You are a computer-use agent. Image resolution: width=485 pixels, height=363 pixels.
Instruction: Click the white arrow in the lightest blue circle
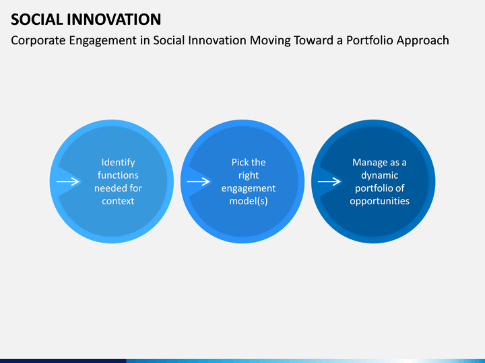tap(68, 182)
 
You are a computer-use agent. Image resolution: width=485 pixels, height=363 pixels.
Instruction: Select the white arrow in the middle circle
tap(199, 182)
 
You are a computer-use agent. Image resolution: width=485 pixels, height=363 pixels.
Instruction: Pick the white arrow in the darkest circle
tap(329, 182)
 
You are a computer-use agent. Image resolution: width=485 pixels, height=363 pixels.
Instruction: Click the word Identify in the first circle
tap(118, 163)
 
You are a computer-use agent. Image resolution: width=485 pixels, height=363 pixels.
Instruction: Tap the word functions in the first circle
tap(118, 175)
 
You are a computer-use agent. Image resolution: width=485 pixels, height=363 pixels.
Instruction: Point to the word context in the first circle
tap(118, 201)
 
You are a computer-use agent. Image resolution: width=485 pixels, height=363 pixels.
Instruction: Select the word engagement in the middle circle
tap(249, 189)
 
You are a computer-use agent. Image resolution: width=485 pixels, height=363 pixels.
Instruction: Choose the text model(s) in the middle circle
tap(249, 201)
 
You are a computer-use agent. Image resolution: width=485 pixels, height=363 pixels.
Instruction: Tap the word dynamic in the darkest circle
tap(379, 175)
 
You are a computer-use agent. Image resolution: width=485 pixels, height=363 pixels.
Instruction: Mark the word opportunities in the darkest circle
tap(379, 202)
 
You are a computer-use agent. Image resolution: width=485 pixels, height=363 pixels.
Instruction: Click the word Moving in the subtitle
tap(270, 41)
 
